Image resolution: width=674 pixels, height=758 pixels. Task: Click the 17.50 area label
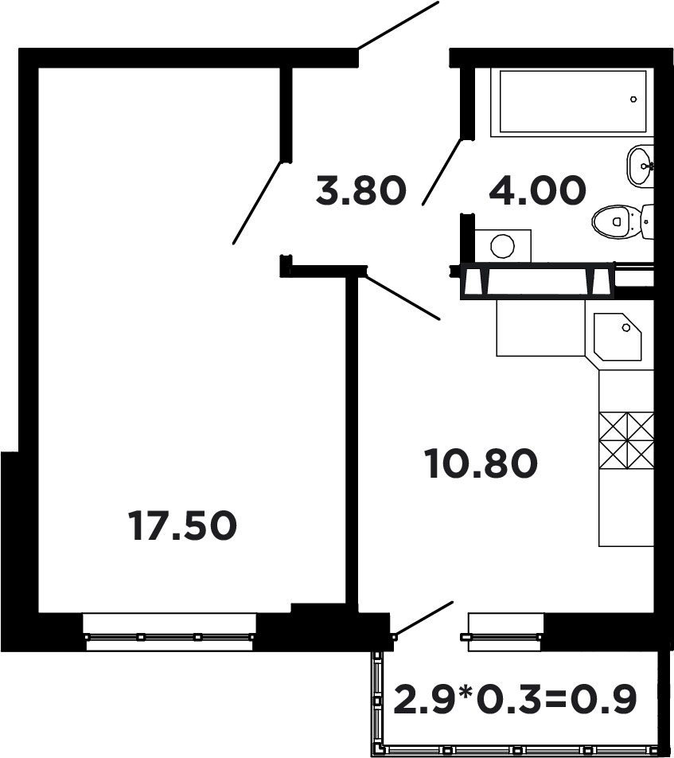pos(183,526)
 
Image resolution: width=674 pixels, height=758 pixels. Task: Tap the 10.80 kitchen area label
pos(481,464)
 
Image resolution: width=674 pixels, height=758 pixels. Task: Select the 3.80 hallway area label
pos(360,191)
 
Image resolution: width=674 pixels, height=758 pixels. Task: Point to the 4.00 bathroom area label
pos(537,191)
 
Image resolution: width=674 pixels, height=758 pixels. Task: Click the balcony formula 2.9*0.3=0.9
pos(516,698)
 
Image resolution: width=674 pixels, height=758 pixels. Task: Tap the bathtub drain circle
pos(633,100)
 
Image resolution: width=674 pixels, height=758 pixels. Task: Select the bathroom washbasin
pos(641,166)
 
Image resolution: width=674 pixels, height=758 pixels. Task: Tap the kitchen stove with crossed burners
pos(626,440)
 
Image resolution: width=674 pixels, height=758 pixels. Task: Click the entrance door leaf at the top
pos(398,25)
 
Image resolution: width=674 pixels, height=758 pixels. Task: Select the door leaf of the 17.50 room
pos(258,201)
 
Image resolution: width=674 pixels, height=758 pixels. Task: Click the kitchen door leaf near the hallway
pos(403,297)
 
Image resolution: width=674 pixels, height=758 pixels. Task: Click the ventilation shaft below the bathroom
pos(537,281)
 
